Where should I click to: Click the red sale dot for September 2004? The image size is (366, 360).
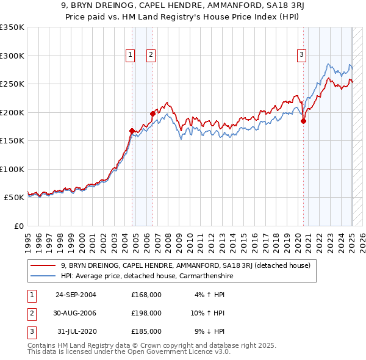coord(132,131)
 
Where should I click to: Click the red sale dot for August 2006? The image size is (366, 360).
coord(152,113)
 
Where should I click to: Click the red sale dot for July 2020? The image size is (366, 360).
coord(303,121)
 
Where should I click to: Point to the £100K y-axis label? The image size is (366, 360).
coord(12,169)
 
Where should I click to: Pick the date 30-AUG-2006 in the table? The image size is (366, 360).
coord(76,313)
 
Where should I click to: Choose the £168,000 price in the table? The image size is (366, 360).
coord(146,294)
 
